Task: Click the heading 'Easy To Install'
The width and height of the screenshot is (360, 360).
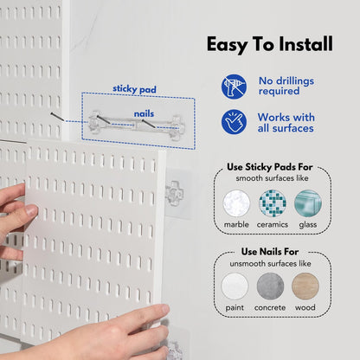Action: (x=268, y=44)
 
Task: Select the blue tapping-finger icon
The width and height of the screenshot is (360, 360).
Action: (x=234, y=122)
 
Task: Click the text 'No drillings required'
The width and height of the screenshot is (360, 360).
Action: (x=286, y=87)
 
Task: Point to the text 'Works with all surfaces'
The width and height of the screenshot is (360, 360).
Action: (x=287, y=122)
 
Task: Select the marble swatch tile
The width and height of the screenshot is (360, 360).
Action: (x=236, y=204)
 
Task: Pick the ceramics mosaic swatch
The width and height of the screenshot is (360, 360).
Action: (x=272, y=204)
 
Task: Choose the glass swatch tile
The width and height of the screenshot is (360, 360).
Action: (x=307, y=204)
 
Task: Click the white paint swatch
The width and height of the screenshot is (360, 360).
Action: (x=235, y=286)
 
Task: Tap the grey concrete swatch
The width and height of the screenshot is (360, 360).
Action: (x=270, y=286)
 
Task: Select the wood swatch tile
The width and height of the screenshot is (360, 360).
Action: (x=305, y=286)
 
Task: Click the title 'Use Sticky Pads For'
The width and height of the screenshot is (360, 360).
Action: (x=272, y=166)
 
